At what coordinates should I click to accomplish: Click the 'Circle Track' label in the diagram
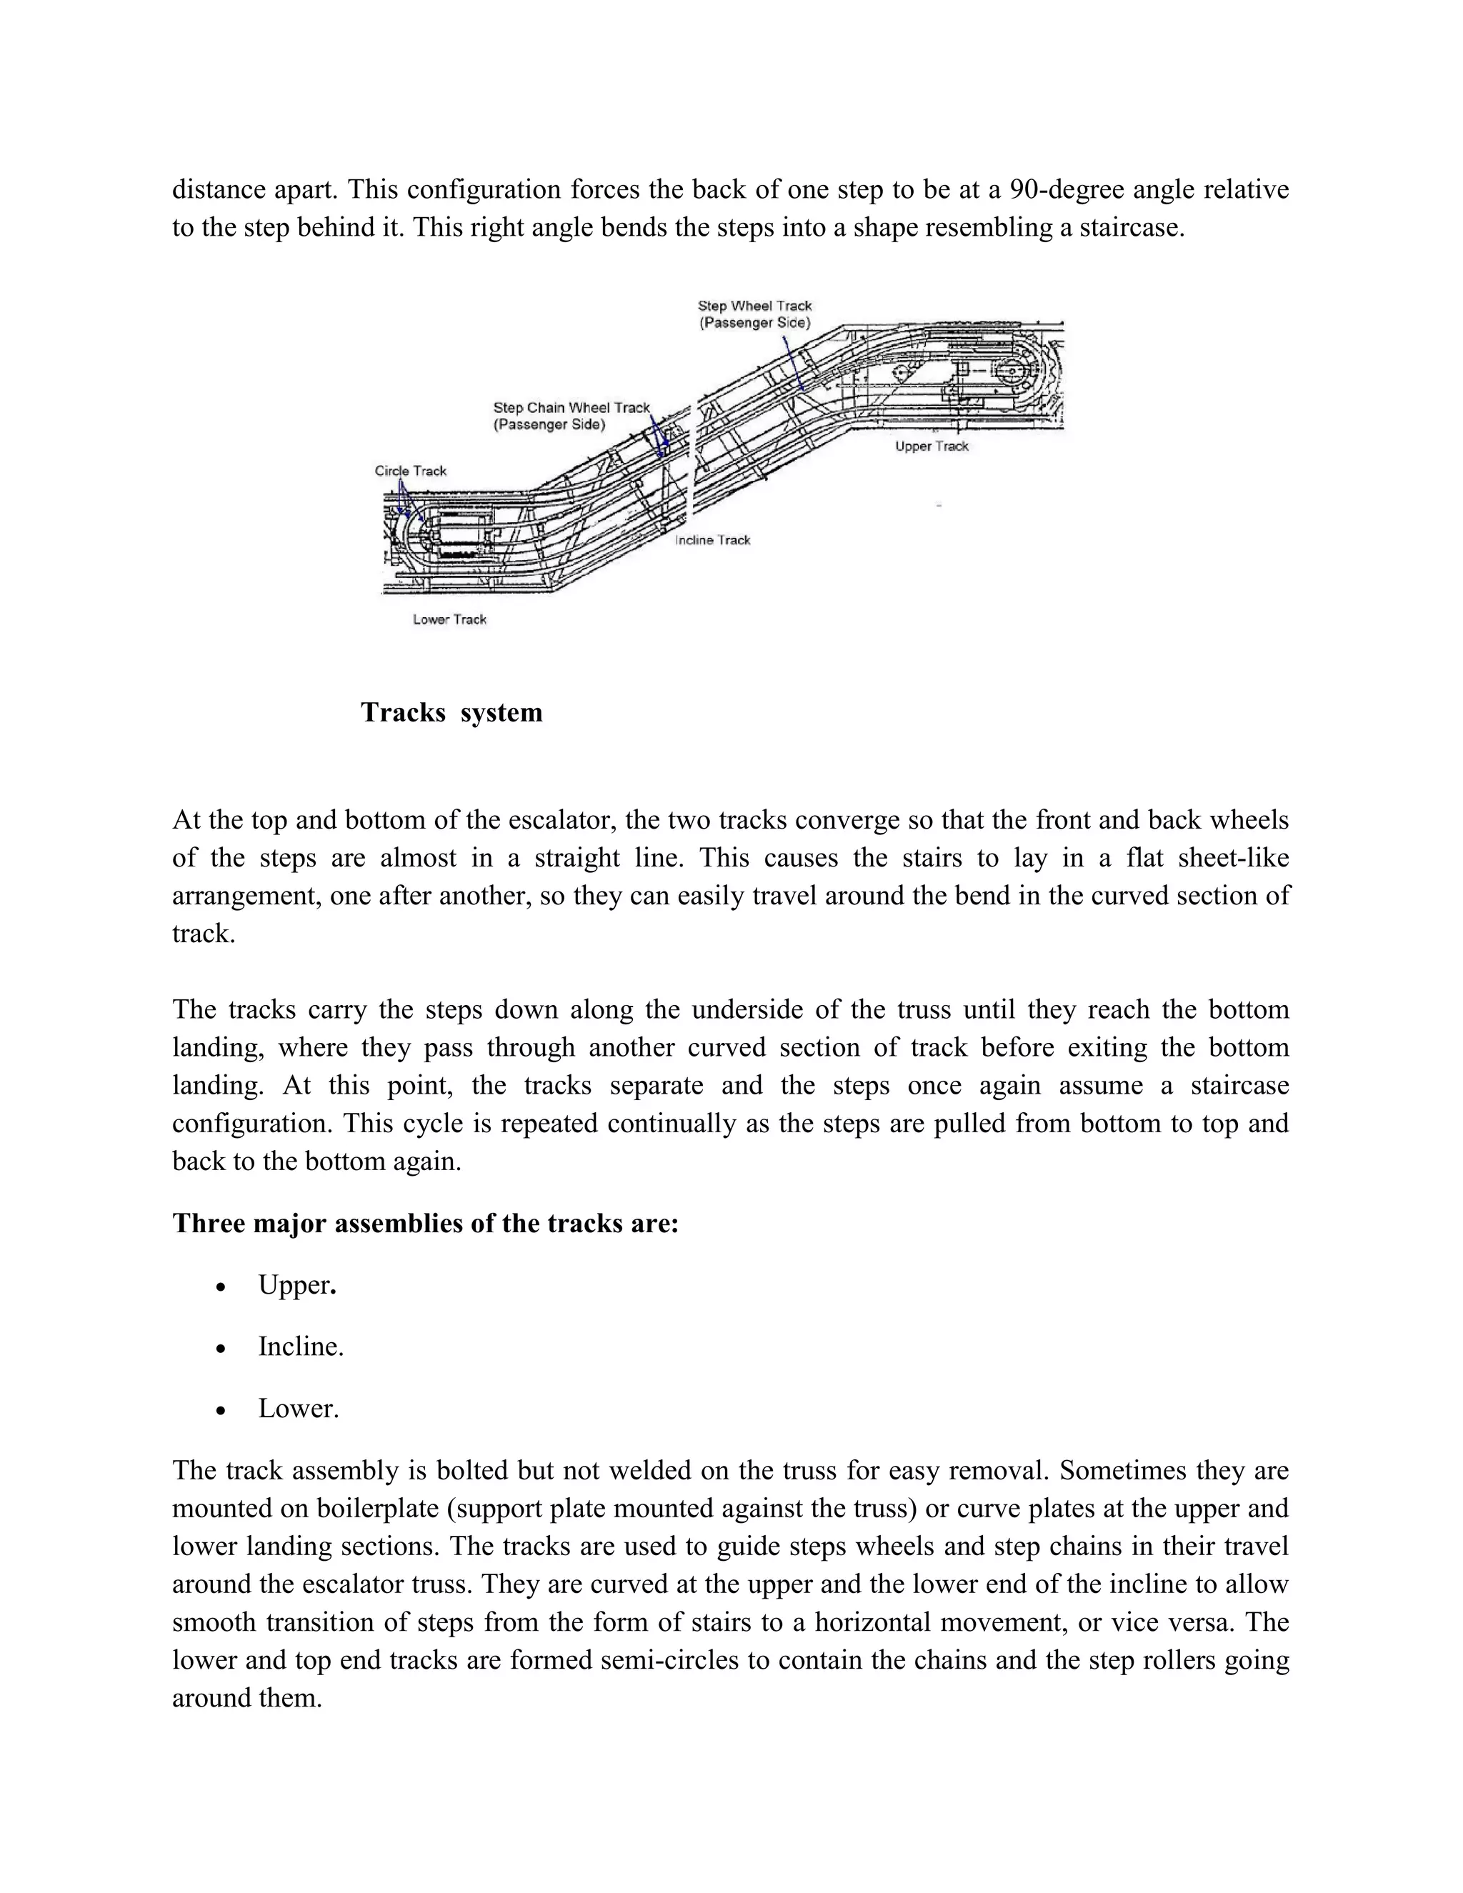(x=410, y=471)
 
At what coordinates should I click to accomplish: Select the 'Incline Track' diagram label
(x=712, y=540)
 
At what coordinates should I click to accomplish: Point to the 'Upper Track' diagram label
(x=932, y=446)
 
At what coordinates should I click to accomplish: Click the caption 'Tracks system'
(x=451, y=712)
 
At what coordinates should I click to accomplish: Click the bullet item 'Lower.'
(x=298, y=1409)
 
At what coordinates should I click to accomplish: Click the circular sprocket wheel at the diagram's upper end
(x=1011, y=374)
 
